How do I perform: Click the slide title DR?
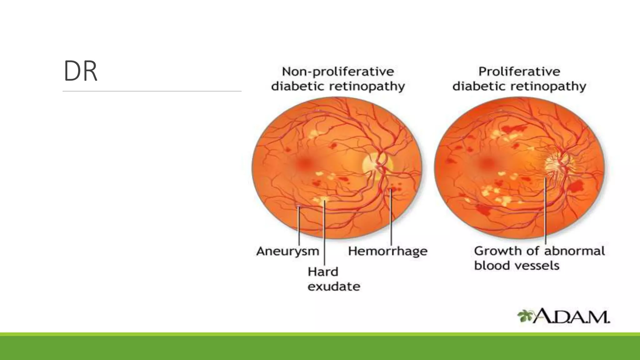(80, 71)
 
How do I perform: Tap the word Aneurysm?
(287, 251)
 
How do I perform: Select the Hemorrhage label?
(387, 251)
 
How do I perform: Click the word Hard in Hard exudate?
(323, 272)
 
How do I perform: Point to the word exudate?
(334, 287)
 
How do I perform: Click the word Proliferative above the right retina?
(519, 72)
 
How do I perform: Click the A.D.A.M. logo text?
(571, 317)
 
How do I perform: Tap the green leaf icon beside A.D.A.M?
(525, 316)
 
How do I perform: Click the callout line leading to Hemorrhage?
(391, 219)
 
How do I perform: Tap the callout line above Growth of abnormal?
(545, 212)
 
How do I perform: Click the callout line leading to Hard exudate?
(324, 234)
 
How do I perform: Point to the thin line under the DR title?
(152, 91)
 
